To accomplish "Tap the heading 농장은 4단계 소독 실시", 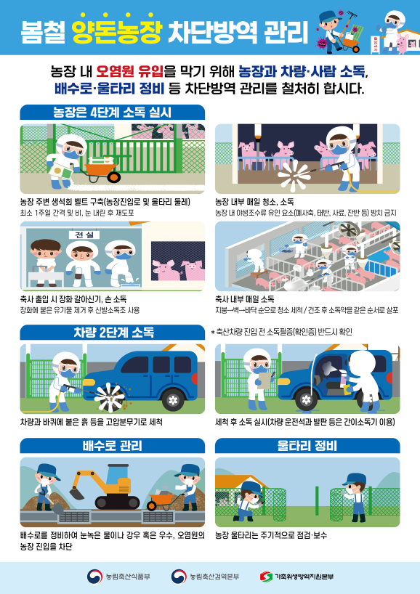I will coord(111,113).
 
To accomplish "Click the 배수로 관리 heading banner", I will coord(113,445).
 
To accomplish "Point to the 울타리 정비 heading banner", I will coord(307,445).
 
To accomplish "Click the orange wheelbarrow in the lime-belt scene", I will coord(102,172).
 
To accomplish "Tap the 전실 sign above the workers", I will coord(83,235).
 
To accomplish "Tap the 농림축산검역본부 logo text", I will coord(214,577).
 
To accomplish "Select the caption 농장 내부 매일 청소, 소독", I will coord(254,201).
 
